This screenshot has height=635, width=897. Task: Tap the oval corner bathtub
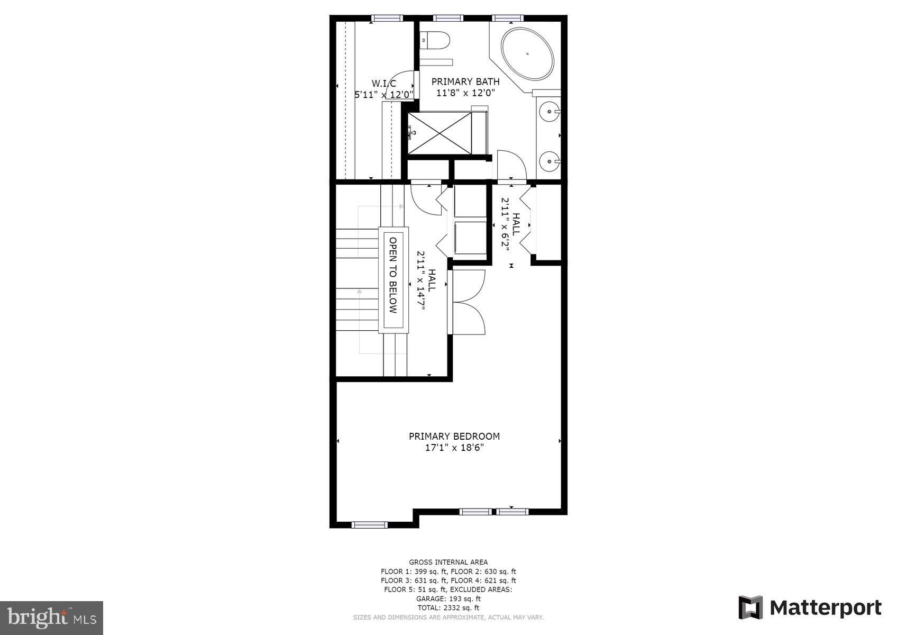pyautogui.click(x=527, y=54)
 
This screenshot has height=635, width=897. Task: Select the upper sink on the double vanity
pyautogui.click(x=550, y=112)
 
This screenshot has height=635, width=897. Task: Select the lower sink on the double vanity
pyautogui.click(x=550, y=160)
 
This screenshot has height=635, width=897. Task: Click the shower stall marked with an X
pyautogui.click(x=440, y=133)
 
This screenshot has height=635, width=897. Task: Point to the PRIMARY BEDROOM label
pyautogui.click(x=454, y=437)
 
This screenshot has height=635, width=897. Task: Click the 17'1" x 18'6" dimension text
pyautogui.click(x=454, y=448)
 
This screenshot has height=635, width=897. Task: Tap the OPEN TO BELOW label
pyautogui.click(x=393, y=275)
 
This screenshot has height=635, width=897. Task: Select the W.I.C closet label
pyautogui.click(x=383, y=84)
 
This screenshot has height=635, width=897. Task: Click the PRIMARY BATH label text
pyautogui.click(x=465, y=81)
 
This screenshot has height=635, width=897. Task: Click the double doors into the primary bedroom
pyautogui.click(x=468, y=302)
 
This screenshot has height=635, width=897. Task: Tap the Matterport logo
pyautogui.click(x=810, y=607)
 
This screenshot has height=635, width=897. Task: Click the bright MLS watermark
pyautogui.click(x=51, y=618)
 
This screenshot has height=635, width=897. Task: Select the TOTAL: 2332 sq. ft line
pyautogui.click(x=448, y=608)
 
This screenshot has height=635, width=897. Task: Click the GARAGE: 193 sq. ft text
pyautogui.click(x=448, y=599)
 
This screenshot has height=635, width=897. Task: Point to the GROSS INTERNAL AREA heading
pyautogui.click(x=448, y=562)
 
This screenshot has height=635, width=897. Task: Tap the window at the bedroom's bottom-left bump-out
pyautogui.click(x=369, y=525)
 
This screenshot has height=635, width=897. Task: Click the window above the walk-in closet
pyautogui.click(x=387, y=18)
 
